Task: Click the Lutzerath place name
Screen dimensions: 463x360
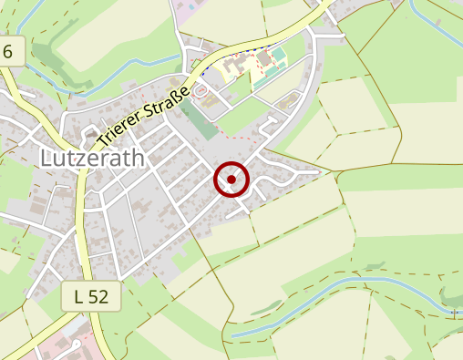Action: coord(92,159)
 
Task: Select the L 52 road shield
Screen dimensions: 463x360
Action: coord(91,295)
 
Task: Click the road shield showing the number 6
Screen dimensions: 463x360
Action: coord(8,51)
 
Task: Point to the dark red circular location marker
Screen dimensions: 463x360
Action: coord(231,180)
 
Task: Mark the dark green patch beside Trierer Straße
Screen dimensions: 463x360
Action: coord(193,114)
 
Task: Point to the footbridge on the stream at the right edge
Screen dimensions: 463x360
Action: coord(453,313)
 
